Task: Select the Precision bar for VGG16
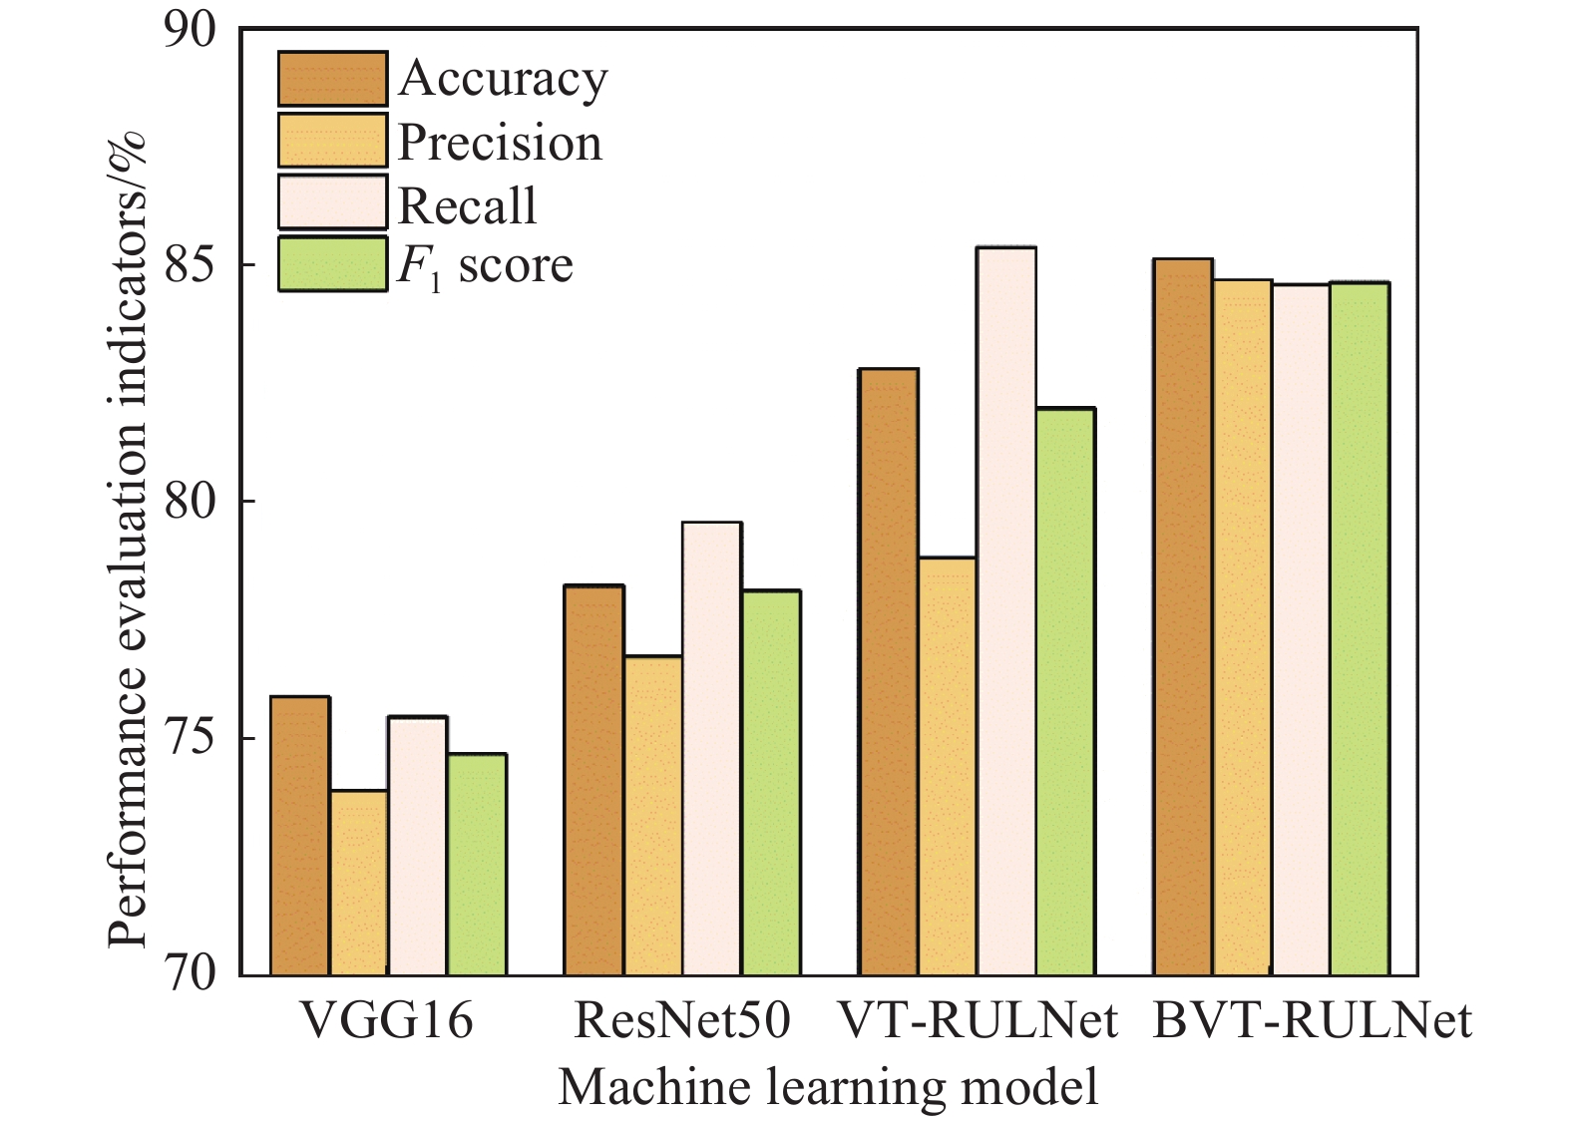[x=358, y=883]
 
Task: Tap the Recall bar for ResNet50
[x=711, y=748]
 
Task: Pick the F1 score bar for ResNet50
[x=770, y=783]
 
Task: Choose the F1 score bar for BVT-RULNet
[x=1360, y=628]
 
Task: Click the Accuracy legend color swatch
[x=332, y=78]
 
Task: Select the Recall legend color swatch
[x=332, y=202]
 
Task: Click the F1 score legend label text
[x=486, y=265]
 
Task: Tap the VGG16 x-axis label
[x=387, y=1022]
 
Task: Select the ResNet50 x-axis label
[x=682, y=1022]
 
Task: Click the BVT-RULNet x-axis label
[x=1312, y=1022]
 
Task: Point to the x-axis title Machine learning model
[x=828, y=1086]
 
